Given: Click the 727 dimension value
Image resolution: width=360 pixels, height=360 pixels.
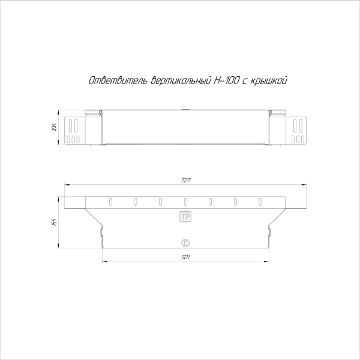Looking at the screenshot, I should [185, 181].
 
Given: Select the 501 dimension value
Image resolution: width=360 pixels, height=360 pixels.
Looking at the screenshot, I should [185, 257].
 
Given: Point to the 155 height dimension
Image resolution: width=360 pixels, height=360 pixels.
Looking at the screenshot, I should [53, 221].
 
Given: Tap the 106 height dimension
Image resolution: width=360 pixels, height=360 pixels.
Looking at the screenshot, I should [53, 127].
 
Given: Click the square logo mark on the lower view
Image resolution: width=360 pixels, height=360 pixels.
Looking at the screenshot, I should [185, 217].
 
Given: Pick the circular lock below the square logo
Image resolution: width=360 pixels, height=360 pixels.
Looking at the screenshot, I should [185, 243].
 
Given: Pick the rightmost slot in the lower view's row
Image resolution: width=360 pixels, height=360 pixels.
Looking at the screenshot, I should [260, 201].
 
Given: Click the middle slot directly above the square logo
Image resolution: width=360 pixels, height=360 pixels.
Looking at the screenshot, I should [185, 201].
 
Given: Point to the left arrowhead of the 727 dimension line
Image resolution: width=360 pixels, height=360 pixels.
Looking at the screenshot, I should [66, 185].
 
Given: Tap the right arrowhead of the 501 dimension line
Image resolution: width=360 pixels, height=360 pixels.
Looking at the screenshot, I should [268, 262].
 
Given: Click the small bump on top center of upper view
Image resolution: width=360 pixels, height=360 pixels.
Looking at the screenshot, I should [185, 110].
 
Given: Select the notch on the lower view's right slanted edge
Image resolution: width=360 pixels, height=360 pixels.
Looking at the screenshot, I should [269, 227].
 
